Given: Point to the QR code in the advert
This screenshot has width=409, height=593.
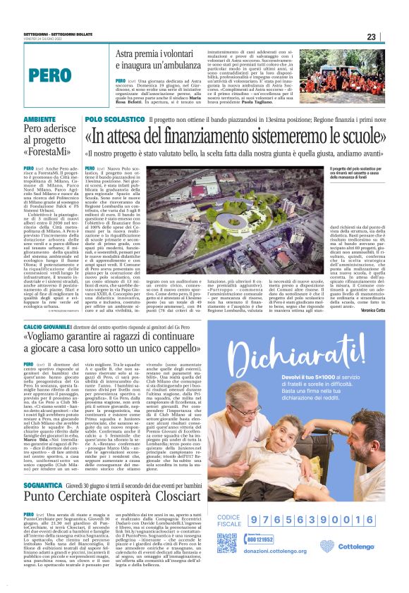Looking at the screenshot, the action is click(x=227, y=543).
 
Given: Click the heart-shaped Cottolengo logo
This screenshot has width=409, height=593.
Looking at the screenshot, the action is click(x=326, y=547).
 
